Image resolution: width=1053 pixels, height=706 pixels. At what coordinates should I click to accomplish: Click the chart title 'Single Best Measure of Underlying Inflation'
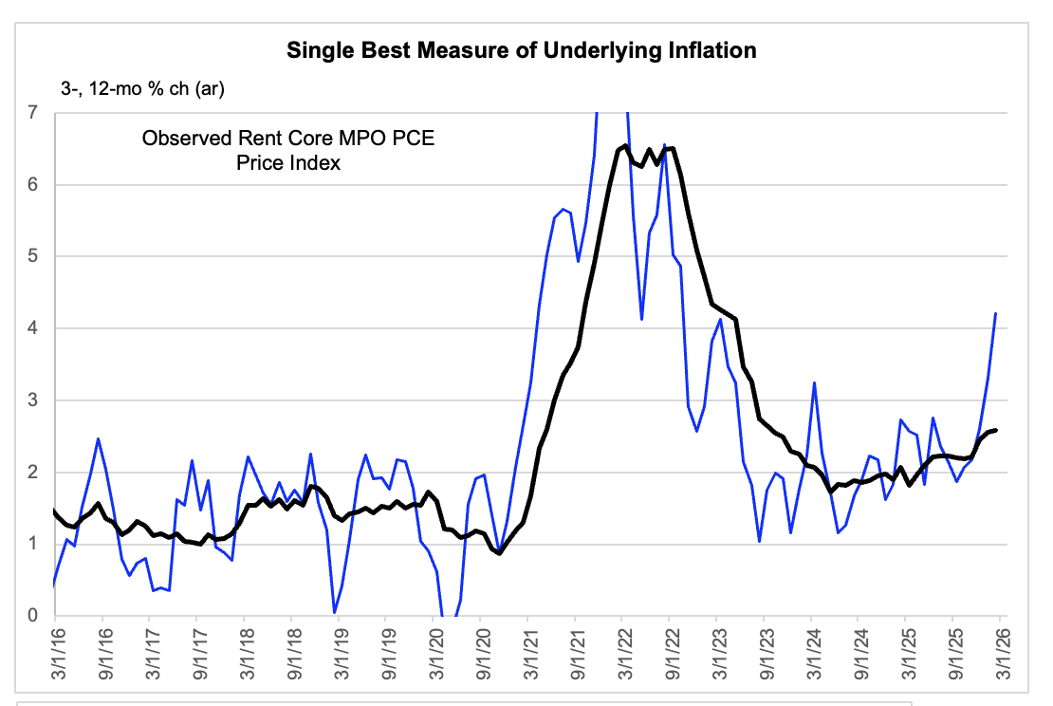pyautogui.click(x=522, y=50)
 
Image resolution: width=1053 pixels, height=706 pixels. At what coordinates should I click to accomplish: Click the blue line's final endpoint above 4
pyautogui.click(x=995, y=313)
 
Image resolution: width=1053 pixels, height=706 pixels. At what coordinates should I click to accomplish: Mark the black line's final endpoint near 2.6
pyautogui.click(x=995, y=430)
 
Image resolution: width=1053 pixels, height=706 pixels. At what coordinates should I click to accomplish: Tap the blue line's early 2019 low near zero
pyautogui.click(x=335, y=612)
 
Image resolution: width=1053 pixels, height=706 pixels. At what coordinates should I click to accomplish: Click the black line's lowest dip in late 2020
pyautogui.click(x=500, y=553)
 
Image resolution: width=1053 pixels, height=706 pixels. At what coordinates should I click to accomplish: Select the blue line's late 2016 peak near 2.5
pyautogui.click(x=99, y=438)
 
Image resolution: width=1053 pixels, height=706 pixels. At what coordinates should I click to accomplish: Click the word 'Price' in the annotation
pyautogui.click(x=261, y=163)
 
